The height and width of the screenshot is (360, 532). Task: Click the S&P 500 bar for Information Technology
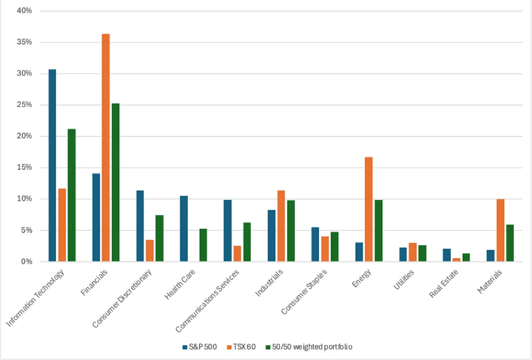tap(52, 165)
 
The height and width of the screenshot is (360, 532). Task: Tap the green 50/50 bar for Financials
tap(115, 183)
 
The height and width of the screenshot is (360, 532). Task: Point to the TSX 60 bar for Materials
tap(500, 230)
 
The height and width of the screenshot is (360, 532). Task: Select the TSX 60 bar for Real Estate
tap(456, 260)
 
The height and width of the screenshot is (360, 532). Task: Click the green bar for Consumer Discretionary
tap(159, 238)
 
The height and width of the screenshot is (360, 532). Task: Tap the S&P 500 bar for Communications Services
tap(227, 231)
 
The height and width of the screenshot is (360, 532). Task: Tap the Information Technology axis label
tap(35, 298)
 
